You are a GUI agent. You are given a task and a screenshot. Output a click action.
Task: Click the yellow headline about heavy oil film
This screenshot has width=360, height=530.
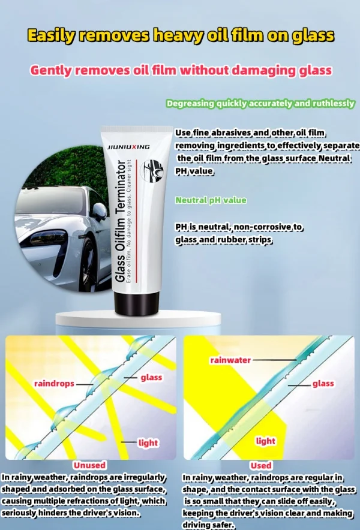[x=180, y=35]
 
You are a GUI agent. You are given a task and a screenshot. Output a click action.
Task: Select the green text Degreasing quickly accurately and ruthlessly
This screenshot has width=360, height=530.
[x=260, y=104]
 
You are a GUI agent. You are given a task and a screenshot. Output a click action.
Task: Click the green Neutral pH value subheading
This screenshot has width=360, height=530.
[x=211, y=200]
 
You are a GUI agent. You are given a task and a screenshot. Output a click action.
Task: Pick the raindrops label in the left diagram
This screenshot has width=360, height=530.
[x=54, y=383]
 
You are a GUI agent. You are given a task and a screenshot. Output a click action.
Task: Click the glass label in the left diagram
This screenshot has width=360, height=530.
[x=151, y=378]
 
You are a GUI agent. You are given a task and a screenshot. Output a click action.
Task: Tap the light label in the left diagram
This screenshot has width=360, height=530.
[x=148, y=443]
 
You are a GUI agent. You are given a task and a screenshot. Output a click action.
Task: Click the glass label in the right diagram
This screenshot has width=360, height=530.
[x=323, y=384]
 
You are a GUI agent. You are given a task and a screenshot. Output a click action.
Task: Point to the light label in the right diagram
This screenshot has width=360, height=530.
[x=266, y=441]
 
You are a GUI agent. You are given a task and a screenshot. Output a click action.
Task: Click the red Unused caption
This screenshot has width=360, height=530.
[x=89, y=465]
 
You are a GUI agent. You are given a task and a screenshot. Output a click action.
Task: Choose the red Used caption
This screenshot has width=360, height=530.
[x=260, y=465]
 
